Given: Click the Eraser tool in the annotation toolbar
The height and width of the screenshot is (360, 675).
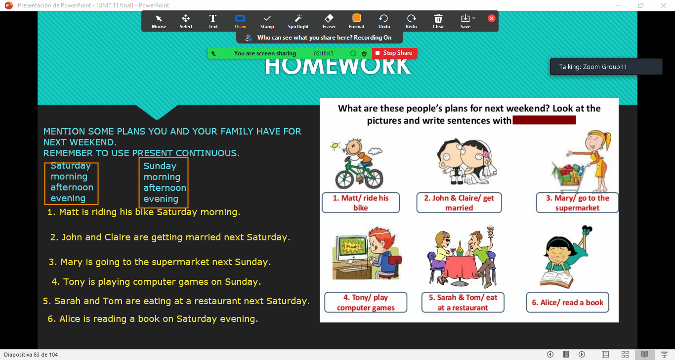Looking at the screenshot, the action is point(329,21).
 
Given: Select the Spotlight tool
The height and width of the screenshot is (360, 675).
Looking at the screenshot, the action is point(298,21).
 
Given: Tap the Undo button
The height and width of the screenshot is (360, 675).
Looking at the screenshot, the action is point(384,21).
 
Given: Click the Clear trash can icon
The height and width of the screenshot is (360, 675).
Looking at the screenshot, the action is point(438,19).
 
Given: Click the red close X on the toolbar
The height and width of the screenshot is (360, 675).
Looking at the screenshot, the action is point(492,18).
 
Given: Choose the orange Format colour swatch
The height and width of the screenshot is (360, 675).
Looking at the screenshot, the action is point(356,18).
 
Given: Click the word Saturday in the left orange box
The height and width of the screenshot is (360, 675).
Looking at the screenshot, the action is point(71,166).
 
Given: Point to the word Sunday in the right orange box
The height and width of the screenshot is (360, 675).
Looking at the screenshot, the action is point(160,166).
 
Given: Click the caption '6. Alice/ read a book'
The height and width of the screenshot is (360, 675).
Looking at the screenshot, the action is point(567,303).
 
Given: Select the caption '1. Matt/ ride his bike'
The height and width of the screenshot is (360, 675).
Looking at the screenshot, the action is point(360,203).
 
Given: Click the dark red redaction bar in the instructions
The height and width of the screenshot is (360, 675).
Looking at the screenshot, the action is point(544,120).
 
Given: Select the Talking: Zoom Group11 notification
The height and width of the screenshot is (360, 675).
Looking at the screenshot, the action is point(606,67).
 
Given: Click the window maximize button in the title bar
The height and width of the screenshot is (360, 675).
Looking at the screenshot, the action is point(641,5).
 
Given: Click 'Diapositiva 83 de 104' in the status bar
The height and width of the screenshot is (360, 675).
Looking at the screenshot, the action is point(31,355).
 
